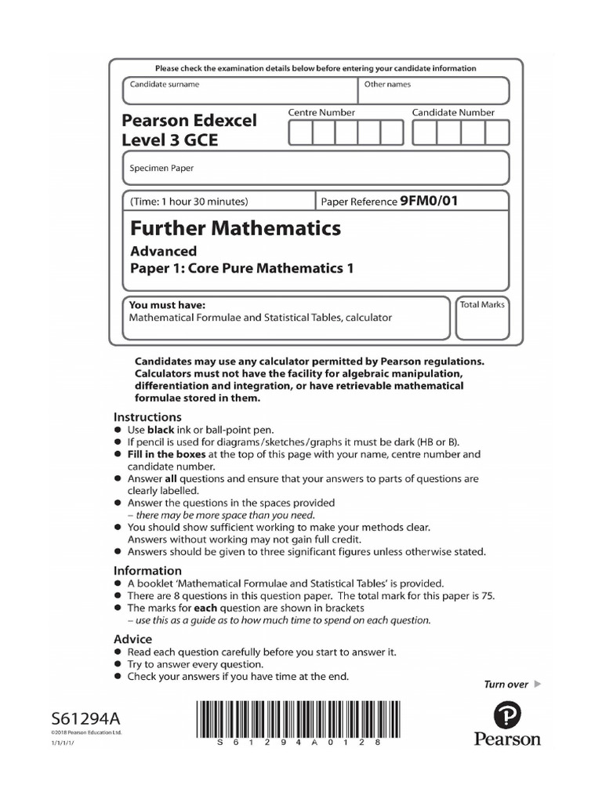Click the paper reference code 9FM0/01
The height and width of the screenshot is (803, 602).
click(x=428, y=201)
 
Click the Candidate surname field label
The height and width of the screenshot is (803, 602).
click(x=165, y=84)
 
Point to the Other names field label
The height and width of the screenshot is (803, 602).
click(x=387, y=84)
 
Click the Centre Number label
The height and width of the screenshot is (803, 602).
click(x=321, y=113)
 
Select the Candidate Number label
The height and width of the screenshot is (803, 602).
click(x=453, y=113)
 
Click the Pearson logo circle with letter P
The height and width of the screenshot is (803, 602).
click(x=507, y=716)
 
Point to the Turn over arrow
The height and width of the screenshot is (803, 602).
click(x=537, y=684)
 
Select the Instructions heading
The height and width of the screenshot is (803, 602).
click(x=147, y=417)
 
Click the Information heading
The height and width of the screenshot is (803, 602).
click(x=147, y=571)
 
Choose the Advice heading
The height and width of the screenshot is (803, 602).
click(x=133, y=639)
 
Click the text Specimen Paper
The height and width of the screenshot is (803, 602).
click(x=161, y=168)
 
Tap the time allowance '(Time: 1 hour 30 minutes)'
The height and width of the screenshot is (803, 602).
click(x=189, y=202)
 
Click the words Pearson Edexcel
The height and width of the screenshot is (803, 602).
click(x=189, y=121)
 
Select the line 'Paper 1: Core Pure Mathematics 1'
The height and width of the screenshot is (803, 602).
click(x=241, y=268)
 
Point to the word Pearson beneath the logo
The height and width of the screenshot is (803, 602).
click(x=507, y=739)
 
